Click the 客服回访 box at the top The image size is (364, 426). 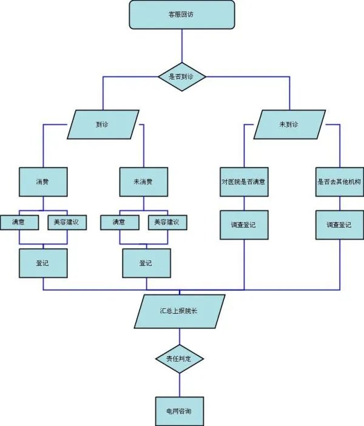[182, 15]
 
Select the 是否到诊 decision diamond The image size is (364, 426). [182, 76]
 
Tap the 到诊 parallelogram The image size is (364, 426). [103, 124]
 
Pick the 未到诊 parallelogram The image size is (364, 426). [289, 124]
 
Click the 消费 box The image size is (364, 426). [42, 181]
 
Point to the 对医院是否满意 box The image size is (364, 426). [244, 181]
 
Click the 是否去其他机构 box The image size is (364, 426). [340, 181]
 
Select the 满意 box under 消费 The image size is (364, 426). [18, 222]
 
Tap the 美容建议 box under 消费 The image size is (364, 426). [67, 222]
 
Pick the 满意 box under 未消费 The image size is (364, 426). [119, 222]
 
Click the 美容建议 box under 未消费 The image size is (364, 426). [167, 222]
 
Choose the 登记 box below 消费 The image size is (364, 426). [42, 263]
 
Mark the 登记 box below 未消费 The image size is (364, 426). [146, 263]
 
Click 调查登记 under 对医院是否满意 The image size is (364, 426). [244, 225]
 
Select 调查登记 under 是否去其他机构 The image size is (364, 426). [340, 225]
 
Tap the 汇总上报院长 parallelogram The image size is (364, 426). [179, 311]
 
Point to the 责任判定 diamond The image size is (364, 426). [179, 359]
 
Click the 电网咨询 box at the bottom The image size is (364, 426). [179, 411]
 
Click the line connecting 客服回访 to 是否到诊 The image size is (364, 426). [182, 46]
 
